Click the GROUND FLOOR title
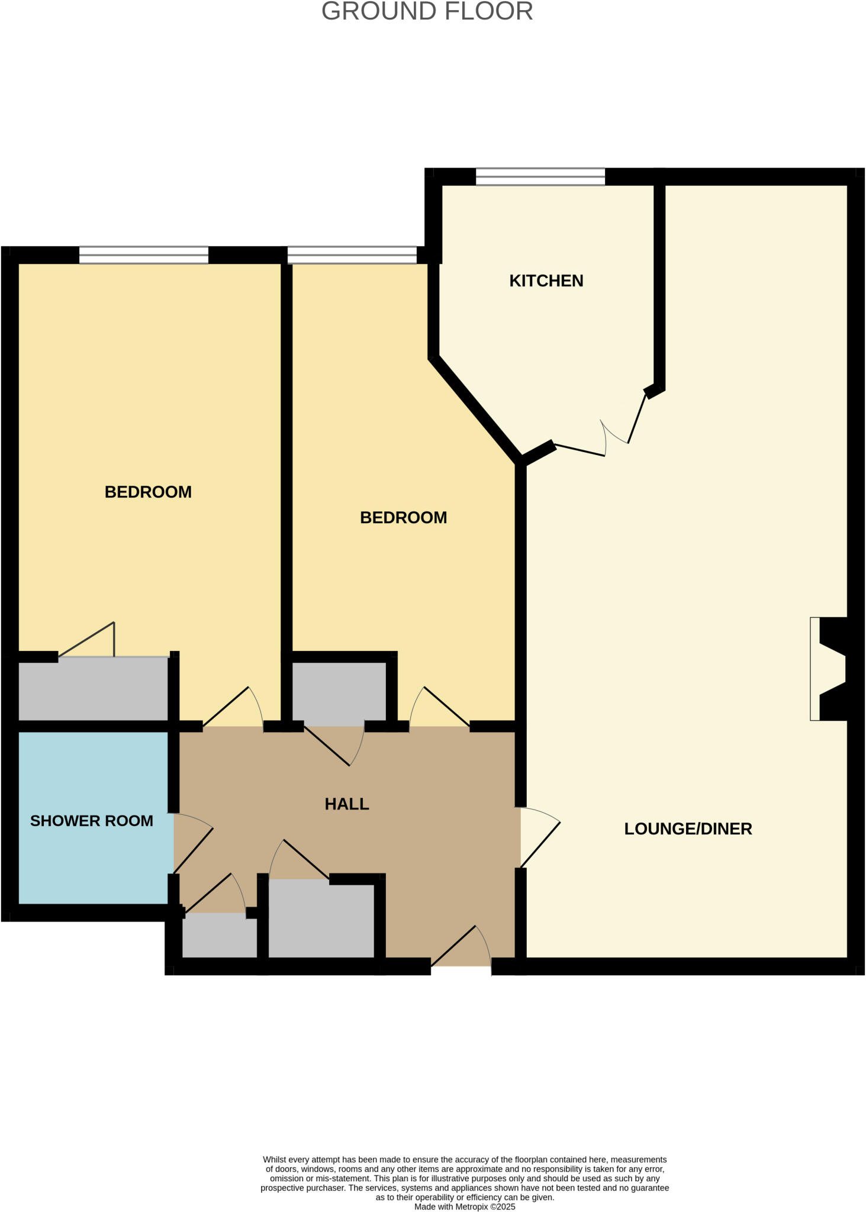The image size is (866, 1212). [427, 12]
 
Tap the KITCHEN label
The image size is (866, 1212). [546, 281]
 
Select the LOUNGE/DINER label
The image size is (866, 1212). [688, 829]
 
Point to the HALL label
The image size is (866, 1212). [347, 804]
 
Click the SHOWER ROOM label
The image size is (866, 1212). [92, 821]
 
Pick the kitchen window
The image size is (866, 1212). [540, 176]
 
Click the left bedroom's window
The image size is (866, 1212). [144, 254]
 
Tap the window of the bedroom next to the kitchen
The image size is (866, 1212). [352, 254]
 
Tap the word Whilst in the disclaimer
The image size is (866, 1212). [275, 1159]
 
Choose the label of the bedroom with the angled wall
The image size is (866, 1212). [403, 518]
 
